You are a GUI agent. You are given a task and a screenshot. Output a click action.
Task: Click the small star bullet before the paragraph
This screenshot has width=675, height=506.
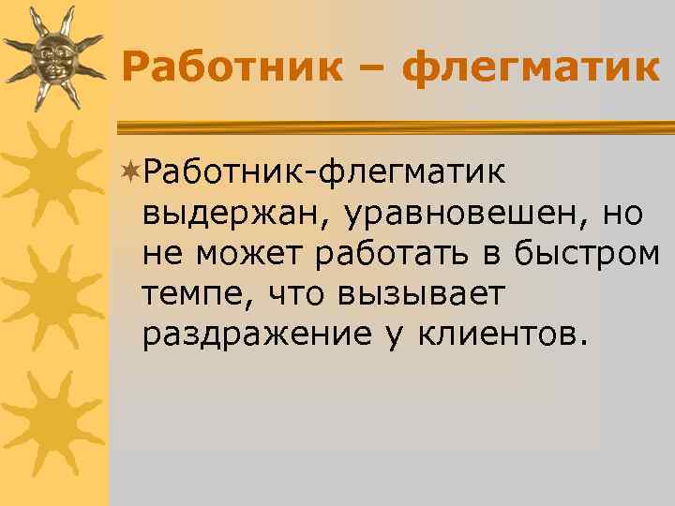[x=132, y=171]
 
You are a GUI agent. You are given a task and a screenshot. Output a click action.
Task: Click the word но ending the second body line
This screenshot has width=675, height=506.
[x=622, y=214]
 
